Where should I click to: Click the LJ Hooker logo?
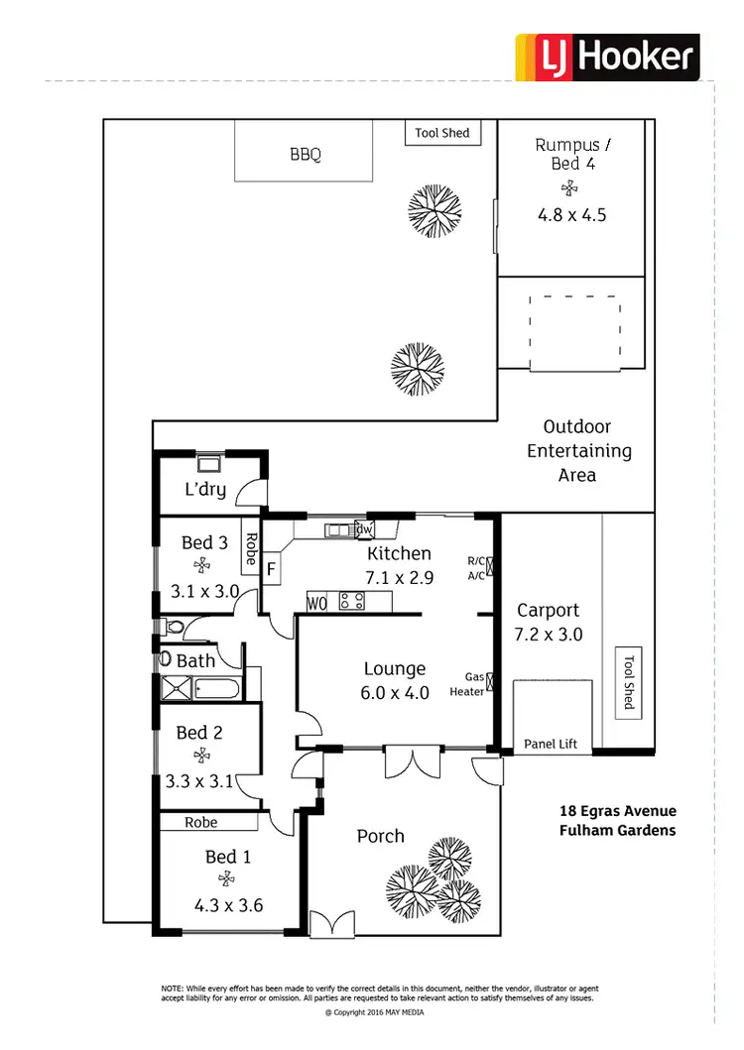point(607,57)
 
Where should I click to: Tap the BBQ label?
point(306,155)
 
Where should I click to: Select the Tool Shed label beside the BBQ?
point(442,133)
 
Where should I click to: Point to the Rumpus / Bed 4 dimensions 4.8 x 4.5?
point(570,214)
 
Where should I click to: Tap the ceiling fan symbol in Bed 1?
point(227,878)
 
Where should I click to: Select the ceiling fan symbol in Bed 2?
point(202,756)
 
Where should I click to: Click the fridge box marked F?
point(271,570)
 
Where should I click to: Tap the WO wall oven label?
point(317,601)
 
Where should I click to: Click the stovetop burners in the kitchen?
point(351,601)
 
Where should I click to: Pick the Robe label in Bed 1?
point(200,822)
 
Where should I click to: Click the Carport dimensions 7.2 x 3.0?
point(549,635)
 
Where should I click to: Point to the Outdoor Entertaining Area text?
point(577,451)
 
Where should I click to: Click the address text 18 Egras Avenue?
point(617,811)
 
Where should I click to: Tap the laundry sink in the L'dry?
point(209,462)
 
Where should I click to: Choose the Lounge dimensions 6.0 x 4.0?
point(395,693)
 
